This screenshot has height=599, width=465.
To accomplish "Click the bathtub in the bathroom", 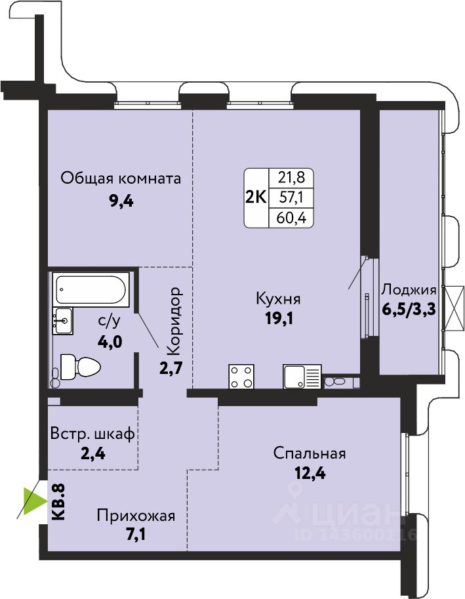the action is pos(91,289).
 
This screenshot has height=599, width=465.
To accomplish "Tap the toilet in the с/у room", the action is pos(81,367).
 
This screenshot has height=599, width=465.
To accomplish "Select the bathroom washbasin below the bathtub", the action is pos(62,321).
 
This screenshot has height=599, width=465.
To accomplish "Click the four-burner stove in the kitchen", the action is pos(241,377).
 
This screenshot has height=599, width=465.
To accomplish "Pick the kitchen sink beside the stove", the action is pos(302,377).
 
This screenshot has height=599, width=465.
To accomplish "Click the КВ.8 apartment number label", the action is pos(58,502).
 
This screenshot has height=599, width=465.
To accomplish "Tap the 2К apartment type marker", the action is pos(255,198).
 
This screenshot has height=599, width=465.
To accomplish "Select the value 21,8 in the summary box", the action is pos(291,178).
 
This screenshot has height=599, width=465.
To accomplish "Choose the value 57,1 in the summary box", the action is pos(291,198).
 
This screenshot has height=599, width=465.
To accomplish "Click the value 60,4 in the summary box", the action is pos(291,218).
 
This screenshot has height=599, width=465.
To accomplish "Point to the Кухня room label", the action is pos(278,299).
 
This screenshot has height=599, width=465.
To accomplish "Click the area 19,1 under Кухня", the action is pos(279,318).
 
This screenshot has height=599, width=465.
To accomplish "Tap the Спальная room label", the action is pos(310,453).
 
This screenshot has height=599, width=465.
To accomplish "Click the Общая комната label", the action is pos(121,178).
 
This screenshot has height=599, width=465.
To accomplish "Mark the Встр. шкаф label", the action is pos(92,434).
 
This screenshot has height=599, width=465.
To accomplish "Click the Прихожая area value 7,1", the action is pos(136,533).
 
